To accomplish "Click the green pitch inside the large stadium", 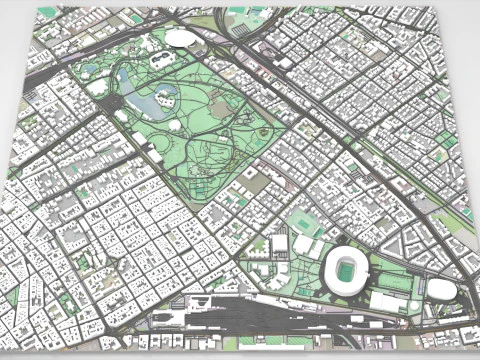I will tap(346, 269).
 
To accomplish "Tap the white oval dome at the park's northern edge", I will tap(181, 38).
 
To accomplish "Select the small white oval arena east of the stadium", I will tap(441, 290).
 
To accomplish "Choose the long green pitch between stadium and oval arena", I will tap(396, 281).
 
